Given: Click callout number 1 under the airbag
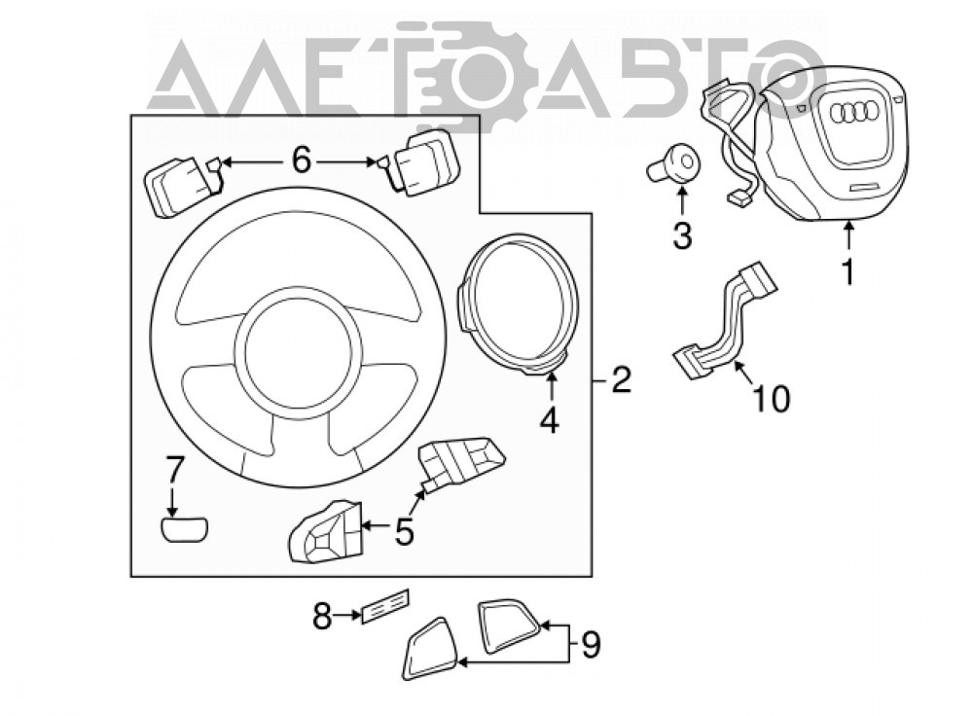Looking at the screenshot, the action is coord(847,271).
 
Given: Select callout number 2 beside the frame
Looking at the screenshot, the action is coord(621,379).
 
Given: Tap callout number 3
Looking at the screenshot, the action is coord(682,235).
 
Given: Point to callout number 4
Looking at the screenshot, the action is coord(549,420).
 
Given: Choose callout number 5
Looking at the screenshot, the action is coord(405,532).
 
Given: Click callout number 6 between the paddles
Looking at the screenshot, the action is coord(301,161).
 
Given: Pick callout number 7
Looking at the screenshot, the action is coord(174,469).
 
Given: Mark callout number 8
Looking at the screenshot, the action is coord(323,616).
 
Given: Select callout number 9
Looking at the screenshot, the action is coord(591,644).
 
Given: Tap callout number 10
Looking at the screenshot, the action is coord(772,398).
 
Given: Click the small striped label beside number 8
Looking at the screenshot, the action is coord(385,604).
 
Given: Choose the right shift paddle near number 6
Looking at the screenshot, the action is coord(418,162).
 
